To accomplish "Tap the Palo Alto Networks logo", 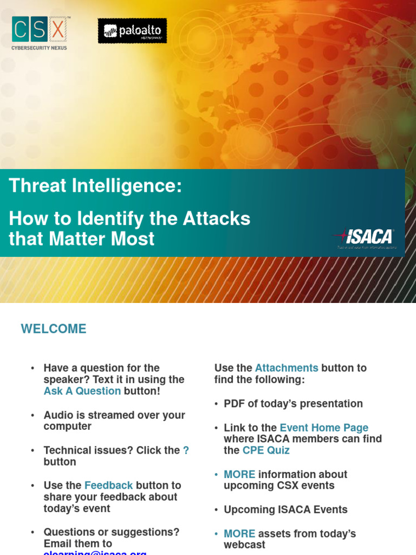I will click(x=132, y=31).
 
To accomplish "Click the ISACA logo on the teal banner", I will click(x=364, y=237).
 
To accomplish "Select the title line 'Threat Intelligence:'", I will click(x=95, y=186).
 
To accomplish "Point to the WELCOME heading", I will click(x=54, y=329).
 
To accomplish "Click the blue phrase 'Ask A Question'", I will click(x=82, y=391).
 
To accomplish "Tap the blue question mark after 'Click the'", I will click(x=186, y=450).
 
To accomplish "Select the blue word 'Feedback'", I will click(x=108, y=485).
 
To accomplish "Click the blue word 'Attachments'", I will click(x=287, y=368).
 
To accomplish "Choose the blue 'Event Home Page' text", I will click(x=324, y=428).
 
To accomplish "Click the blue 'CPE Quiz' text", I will click(x=266, y=450).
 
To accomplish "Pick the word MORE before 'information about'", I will click(x=239, y=474).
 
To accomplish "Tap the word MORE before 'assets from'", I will click(x=239, y=534).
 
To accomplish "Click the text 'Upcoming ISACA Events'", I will click(x=285, y=509).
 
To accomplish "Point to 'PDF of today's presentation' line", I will click(x=293, y=404).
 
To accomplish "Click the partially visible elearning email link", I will click(x=95, y=552).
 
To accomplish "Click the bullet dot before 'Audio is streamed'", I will click(x=32, y=415).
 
